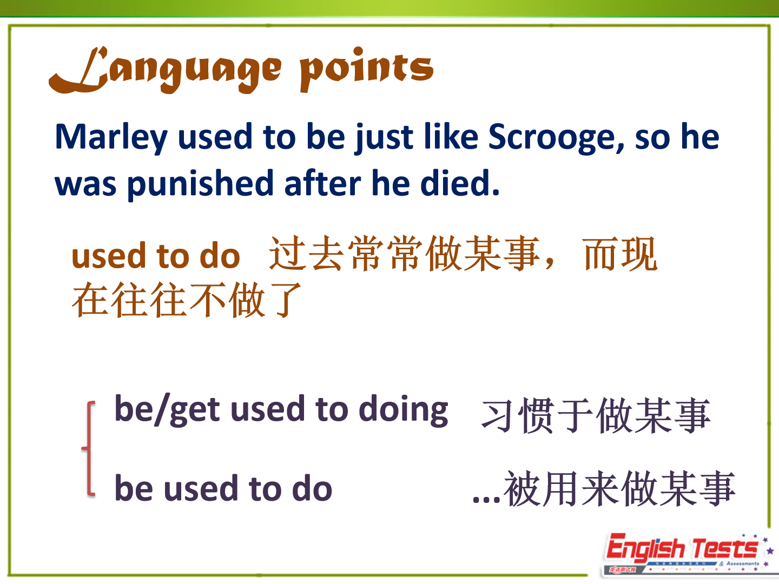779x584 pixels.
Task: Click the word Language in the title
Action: coord(165,70)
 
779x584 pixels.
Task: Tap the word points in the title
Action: coord(367,70)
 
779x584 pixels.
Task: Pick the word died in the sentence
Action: coord(460,183)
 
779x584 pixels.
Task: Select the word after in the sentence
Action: coord(322,183)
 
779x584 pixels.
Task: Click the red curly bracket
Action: coord(89,448)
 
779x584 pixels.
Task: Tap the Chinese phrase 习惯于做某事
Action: coord(596,416)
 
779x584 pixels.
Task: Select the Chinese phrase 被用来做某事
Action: coord(619,489)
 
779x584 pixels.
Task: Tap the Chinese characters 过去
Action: coord(306,254)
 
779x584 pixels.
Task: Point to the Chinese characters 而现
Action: coord(621,254)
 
